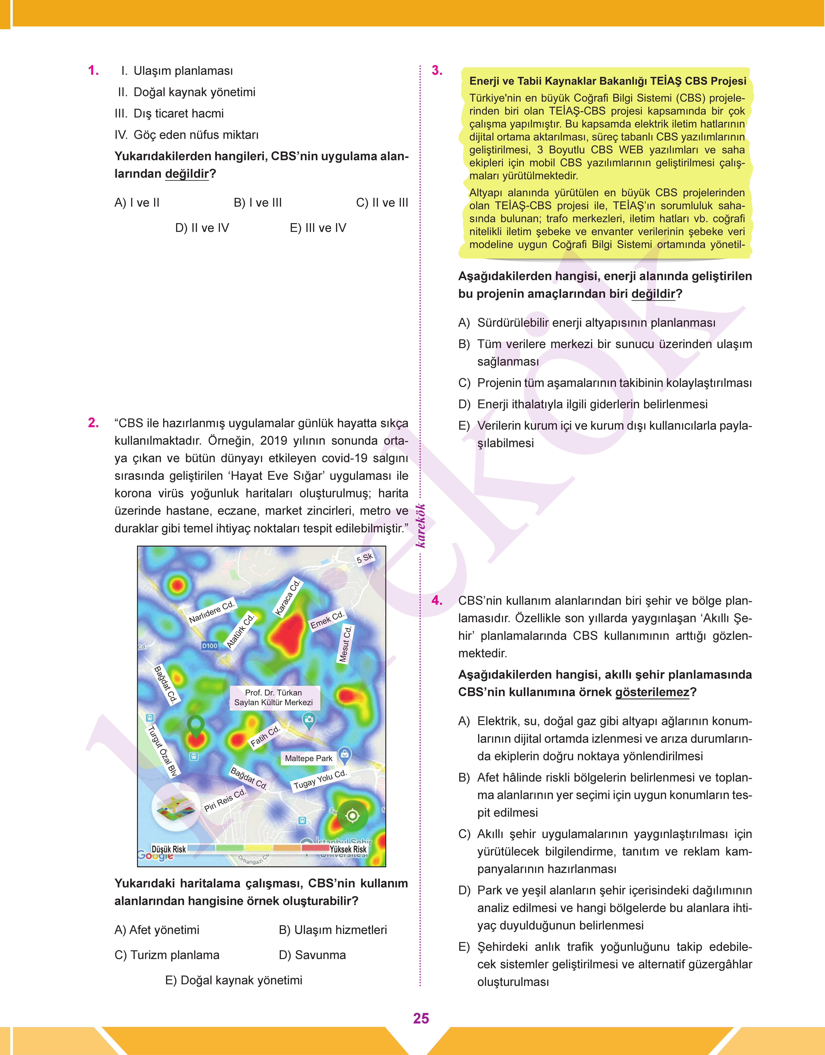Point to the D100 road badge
210,646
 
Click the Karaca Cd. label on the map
288,598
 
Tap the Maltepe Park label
309,758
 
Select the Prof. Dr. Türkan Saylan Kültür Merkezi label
273,697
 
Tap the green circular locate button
353,816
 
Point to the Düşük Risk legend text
169,849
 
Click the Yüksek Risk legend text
348,849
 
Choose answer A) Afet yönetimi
157,930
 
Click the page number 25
421,1018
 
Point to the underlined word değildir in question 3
653,294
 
